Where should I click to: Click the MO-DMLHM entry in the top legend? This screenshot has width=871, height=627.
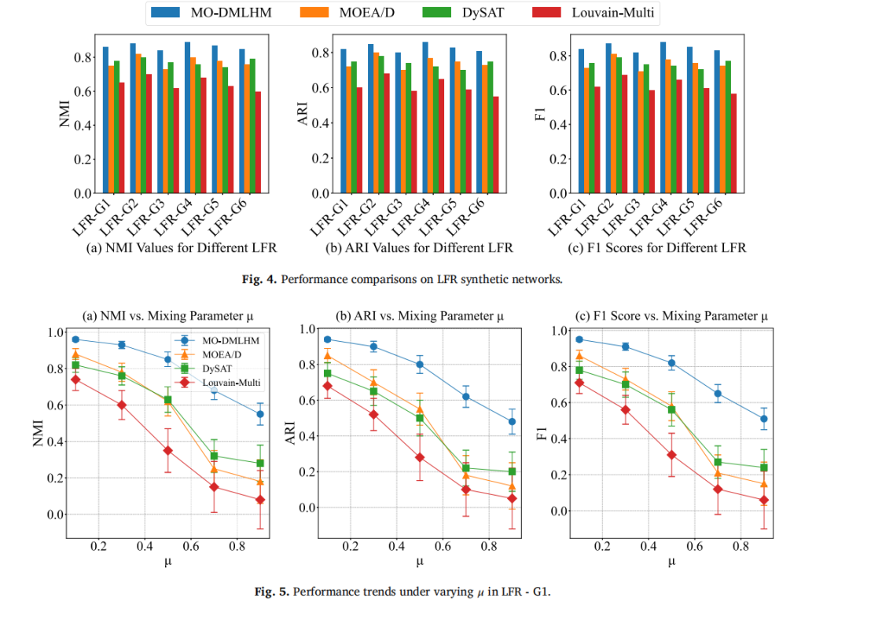[x=204, y=12]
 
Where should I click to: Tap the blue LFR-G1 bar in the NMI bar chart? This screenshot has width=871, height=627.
[x=105, y=119]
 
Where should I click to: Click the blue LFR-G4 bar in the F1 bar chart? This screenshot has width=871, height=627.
[x=663, y=117]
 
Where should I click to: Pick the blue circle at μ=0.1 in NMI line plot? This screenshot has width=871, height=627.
[x=76, y=339]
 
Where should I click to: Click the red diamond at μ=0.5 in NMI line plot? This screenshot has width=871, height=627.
[x=167, y=450]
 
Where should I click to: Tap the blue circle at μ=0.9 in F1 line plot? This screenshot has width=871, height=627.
[x=763, y=419]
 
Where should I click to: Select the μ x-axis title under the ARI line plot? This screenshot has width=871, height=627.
[x=420, y=561]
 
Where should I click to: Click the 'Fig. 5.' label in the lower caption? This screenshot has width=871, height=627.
[x=277, y=592]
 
